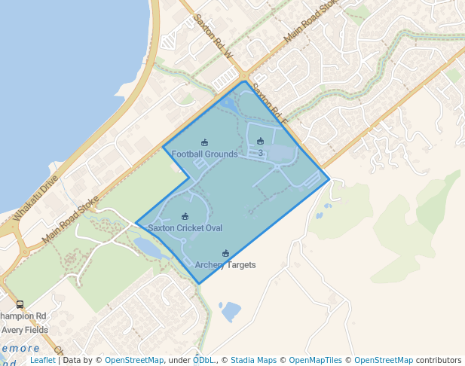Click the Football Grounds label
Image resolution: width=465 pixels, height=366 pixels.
[x=204, y=154]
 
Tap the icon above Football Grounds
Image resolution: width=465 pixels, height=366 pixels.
[x=204, y=142]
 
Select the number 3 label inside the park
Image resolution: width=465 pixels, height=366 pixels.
[x=260, y=154]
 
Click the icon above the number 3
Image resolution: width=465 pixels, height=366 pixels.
[x=260, y=141]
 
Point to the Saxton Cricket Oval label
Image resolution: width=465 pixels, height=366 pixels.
[x=185, y=227]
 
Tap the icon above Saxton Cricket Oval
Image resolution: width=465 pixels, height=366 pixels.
[x=185, y=216]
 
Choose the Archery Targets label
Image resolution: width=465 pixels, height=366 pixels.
[x=225, y=265]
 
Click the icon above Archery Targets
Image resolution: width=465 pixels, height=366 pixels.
[x=225, y=253]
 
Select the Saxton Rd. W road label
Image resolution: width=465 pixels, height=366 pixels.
[x=214, y=35]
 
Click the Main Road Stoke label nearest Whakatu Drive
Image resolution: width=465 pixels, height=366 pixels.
[x=71, y=219]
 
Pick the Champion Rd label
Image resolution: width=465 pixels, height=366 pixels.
[x=23, y=316]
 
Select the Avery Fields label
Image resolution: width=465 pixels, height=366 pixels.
[x=24, y=330]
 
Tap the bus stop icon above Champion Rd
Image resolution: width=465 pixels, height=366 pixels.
[x=20, y=305]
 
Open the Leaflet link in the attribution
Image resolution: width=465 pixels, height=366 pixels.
[x=42, y=361]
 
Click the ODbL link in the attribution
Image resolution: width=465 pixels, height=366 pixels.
[x=203, y=361]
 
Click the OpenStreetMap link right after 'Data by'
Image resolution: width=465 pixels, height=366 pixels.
[x=134, y=361]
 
